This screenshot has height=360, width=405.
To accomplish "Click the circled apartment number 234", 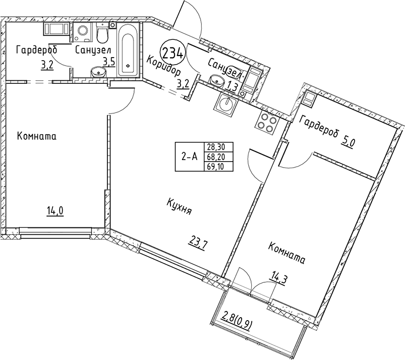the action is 173,54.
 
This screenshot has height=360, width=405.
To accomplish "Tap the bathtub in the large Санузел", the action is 128,50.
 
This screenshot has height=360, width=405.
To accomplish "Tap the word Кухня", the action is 179,207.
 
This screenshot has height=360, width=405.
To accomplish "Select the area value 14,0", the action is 55,211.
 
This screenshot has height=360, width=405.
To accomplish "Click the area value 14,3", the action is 278,279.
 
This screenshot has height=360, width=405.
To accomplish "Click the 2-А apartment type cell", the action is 189,157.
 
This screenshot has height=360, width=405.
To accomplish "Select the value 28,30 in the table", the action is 216,147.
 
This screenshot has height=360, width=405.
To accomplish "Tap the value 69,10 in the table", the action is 216,166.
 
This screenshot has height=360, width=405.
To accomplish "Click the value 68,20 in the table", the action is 216,157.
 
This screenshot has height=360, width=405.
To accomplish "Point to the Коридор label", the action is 164,67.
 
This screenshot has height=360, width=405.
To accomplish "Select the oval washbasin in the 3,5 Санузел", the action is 98,72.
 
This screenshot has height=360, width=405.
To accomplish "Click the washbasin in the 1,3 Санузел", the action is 217,79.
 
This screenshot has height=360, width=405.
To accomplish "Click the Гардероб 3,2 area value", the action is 47,65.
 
